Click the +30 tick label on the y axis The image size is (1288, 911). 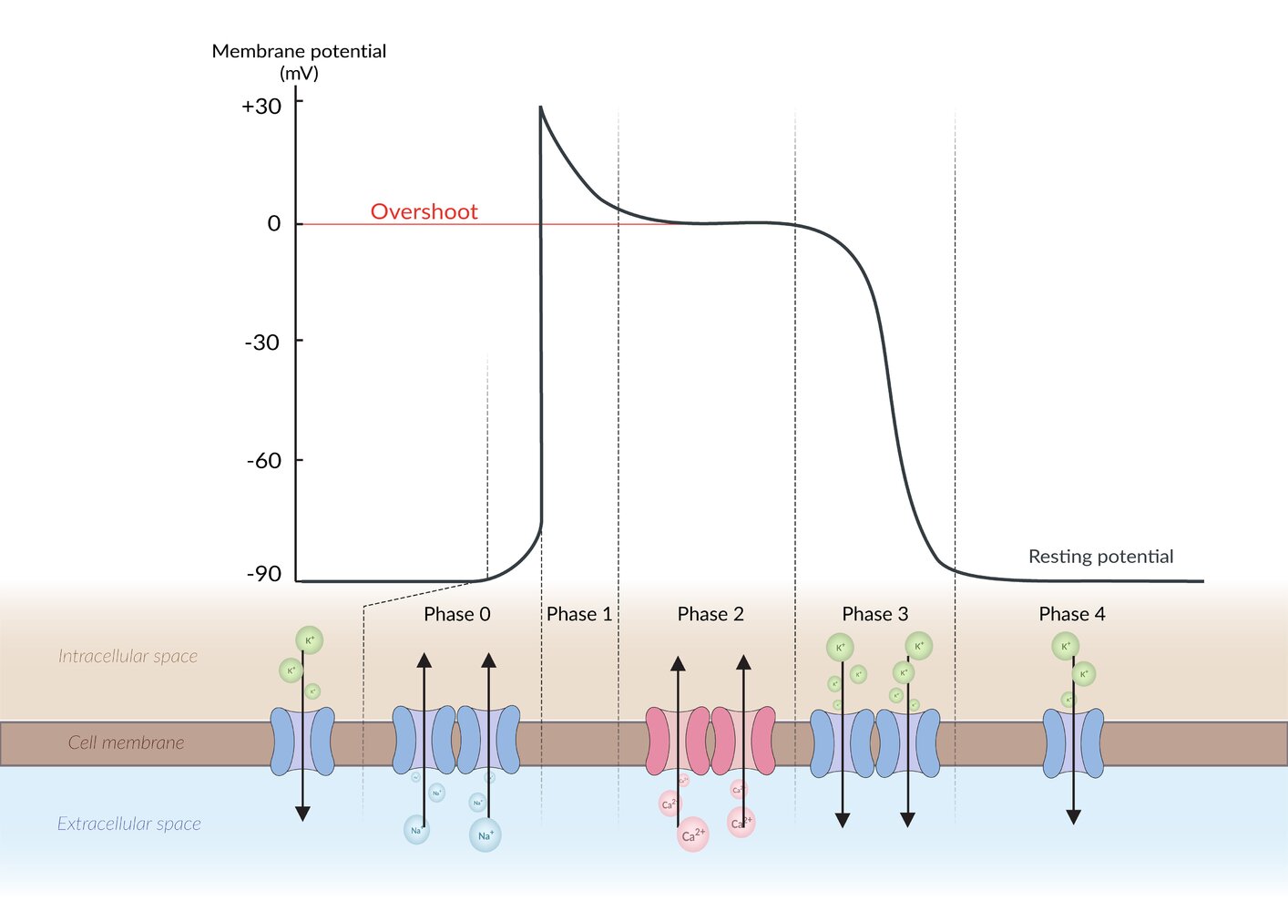pos(261,107)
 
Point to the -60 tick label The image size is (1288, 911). pos(264,461)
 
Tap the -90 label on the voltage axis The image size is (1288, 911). pos(264,574)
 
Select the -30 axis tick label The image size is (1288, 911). pos(262,343)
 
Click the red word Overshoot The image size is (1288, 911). pos(424,212)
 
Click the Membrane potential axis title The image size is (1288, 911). pos(299,52)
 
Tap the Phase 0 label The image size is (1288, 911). pos(457,615)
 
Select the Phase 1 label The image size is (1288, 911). pos(579,615)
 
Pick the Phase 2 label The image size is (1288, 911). pos(710,615)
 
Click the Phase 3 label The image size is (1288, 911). pos(875,615)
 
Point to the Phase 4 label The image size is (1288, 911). pos(1072,615)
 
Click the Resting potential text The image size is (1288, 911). pos(1100,557)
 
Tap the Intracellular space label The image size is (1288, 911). pos(128,657)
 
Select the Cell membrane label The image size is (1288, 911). pos(126,743)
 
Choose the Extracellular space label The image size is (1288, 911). pos(129,824)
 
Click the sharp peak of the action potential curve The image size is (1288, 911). pos(540,107)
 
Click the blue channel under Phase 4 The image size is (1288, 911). pos(1073,743)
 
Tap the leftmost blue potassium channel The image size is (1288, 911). pos(302,742)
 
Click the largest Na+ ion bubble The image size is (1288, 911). pos(485,834)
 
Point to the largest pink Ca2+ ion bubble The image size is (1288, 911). pos(692,834)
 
